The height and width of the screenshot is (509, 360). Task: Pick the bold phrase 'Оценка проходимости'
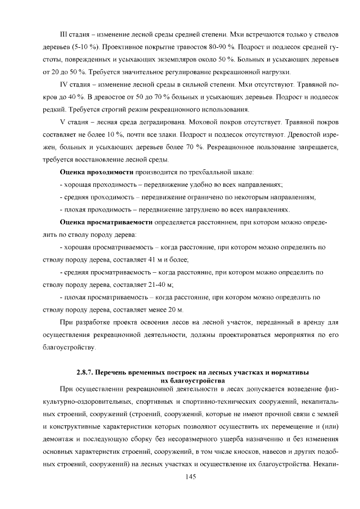click(x=96, y=172)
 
